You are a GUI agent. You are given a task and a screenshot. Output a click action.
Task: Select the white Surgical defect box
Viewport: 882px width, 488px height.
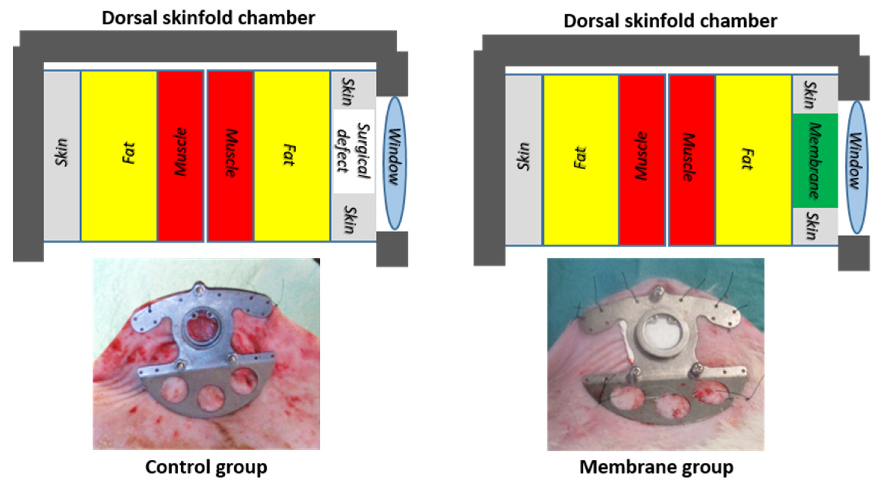[353, 151]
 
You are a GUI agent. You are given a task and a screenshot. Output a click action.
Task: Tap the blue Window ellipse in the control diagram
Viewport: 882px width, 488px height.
[394, 163]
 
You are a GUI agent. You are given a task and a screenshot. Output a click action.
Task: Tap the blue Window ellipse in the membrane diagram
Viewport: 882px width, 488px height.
[857, 167]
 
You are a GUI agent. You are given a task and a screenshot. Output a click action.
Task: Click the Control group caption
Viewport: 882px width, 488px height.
[206, 468]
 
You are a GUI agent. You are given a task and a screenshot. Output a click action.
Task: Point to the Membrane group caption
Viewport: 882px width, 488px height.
[656, 468]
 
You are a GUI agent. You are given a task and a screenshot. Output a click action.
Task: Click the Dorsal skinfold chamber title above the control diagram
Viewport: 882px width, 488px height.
[208, 18]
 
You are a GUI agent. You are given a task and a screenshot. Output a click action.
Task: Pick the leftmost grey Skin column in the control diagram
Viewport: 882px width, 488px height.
[62, 156]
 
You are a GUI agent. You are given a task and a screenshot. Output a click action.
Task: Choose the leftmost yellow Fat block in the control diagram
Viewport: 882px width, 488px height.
[119, 156]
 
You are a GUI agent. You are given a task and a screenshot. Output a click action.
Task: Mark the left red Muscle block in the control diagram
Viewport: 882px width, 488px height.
[181, 156]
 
